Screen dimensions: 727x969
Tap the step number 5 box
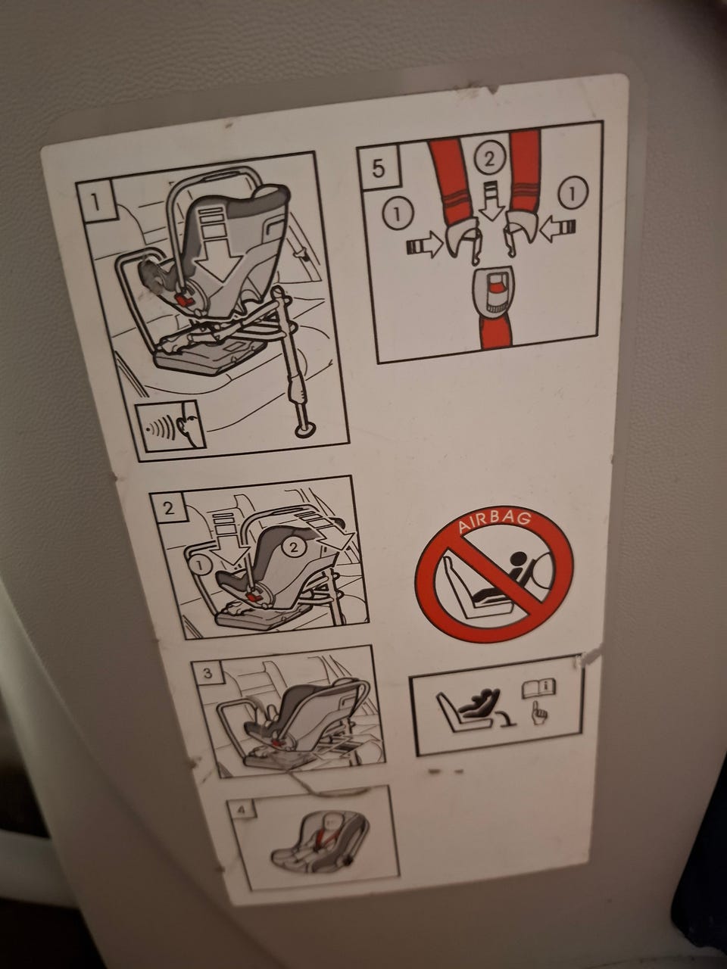point(379,168)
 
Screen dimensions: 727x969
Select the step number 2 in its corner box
point(169,509)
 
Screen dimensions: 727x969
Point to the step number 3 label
point(208,674)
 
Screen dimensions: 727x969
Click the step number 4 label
point(240,811)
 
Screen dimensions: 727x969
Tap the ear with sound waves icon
point(170,426)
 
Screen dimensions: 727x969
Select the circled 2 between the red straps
point(489,160)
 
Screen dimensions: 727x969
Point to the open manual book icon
point(538,689)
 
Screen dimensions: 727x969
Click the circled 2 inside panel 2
point(292,548)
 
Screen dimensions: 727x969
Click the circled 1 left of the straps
point(398,214)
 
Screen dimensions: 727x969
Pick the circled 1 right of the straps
point(573,193)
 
